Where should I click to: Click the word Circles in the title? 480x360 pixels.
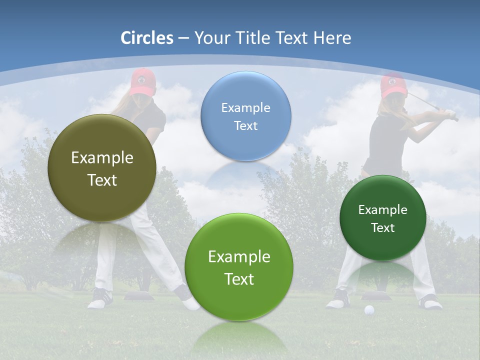coord(146,38)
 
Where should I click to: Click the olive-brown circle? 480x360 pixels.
coord(102,168)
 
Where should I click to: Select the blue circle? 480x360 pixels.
coord(245,116)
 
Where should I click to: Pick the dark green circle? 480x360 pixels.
coord(382,218)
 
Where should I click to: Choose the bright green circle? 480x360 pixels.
coord(239,267)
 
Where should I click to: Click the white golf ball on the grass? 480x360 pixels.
coord(369,310)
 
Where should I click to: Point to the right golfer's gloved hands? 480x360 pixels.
coord(451,115)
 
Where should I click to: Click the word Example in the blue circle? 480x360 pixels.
coord(245,107)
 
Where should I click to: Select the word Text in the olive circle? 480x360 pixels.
coord(102,180)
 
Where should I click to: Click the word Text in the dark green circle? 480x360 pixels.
coord(382,227)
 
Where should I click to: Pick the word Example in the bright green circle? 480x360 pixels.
coord(239,256)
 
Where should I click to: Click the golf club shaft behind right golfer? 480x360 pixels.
coord(425,102)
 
